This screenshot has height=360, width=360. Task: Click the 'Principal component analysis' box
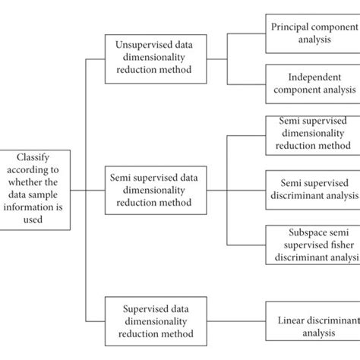click(312, 33)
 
